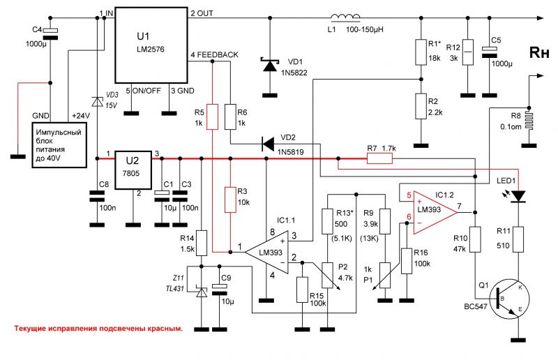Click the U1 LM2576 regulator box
pyautogui.click(x=151, y=45)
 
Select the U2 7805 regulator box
pyautogui.click(x=133, y=170)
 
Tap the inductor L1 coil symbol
pyautogui.click(x=345, y=17)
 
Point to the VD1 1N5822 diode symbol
pyautogui.click(x=269, y=64)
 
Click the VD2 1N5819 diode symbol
pyautogui.click(x=267, y=144)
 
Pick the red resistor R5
pyautogui.click(x=213, y=117)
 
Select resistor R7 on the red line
pyautogui.click(x=379, y=158)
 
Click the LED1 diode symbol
pyautogui.click(x=518, y=196)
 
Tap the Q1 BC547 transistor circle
pyautogui.click(x=510, y=299)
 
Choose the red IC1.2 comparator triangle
pyautogui.click(x=434, y=213)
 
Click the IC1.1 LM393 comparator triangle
pyautogui.click(x=267, y=252)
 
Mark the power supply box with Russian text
pyautogui.click(x=59, y=145)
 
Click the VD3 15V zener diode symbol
pyautogui.click(x=97, y=101)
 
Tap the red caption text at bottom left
pyautogui.click(x=98, y=329)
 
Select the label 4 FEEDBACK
pyautogui.click(x=214, y=54)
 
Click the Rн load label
pyautogui.click(x=539, y=52)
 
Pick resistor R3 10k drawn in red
pyautogui.click(x=230, y=200)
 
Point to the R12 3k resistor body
pyautogui.click(x=467, y=52)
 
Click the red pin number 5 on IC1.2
pyautogui.click(x=409, y=195)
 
